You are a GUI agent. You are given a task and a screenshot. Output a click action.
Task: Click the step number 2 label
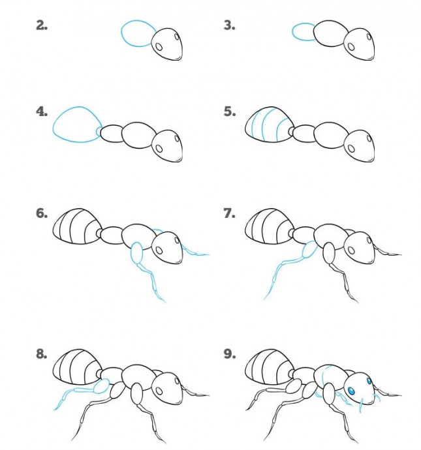42,26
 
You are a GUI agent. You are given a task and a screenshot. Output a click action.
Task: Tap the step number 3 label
230,26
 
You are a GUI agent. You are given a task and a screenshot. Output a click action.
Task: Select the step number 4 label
42,112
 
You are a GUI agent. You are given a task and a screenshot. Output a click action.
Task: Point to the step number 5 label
230,112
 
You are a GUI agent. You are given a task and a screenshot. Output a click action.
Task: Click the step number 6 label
42,213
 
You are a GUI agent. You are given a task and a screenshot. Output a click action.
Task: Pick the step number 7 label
230,213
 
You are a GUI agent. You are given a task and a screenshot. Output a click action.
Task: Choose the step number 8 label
42,354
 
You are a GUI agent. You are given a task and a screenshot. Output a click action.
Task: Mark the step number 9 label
230,354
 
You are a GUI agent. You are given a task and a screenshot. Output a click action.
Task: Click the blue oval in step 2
122,33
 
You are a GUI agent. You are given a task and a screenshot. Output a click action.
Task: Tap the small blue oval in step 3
293,32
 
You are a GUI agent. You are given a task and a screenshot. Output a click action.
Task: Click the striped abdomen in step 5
269,125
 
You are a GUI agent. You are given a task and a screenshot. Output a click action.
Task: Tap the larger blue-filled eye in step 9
351,391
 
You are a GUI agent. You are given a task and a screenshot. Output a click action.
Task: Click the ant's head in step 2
167,44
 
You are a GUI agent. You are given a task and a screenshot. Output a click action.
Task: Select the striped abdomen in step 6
77,226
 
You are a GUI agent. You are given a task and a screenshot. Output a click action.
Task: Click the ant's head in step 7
359,247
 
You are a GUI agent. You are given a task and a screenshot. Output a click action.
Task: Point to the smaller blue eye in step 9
369,381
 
